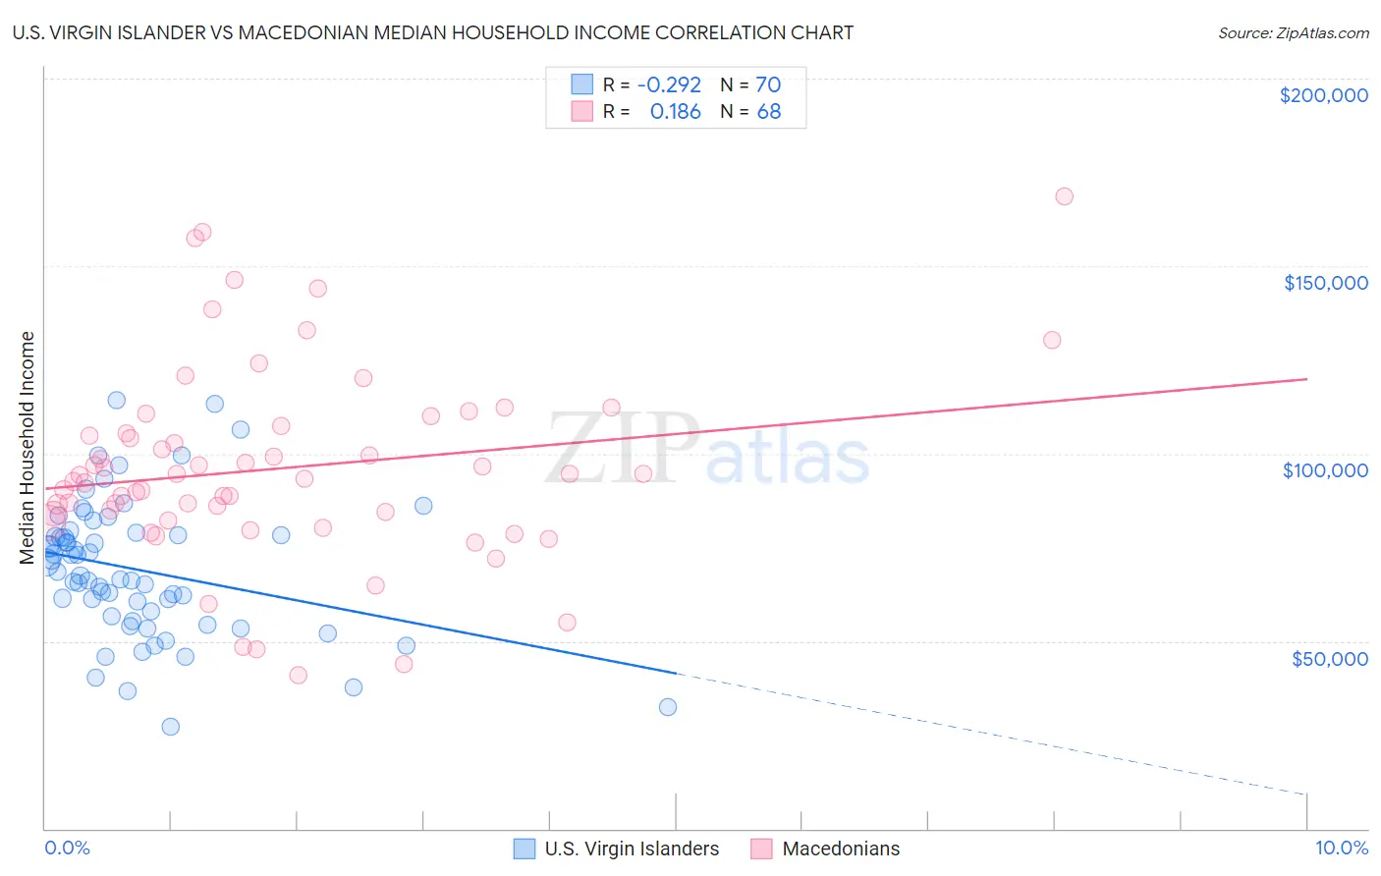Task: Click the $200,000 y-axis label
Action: coord(1323,95)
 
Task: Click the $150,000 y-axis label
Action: coord(1325,283)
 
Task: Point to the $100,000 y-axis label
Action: coord(1325,470)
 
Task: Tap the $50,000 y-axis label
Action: coord(1329,658)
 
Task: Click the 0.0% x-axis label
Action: coord(67,848)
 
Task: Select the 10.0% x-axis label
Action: coord(1341,848)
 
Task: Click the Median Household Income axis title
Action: coord(28,448)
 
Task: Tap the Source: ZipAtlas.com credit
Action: coord(1293,32)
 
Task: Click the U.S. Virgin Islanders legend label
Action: coord(632,849)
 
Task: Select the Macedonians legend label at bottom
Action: coord(841,849)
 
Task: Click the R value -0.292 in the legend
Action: coord(669,84)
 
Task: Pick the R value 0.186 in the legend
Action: coord(676,112)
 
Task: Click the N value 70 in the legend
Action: coord(768,84)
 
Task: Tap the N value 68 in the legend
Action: coord(769,112)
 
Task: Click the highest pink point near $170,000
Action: coord(1064,196)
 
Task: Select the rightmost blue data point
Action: coord(668,707)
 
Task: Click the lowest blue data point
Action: coord(171,727)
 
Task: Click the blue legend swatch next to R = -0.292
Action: coord(582,84)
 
